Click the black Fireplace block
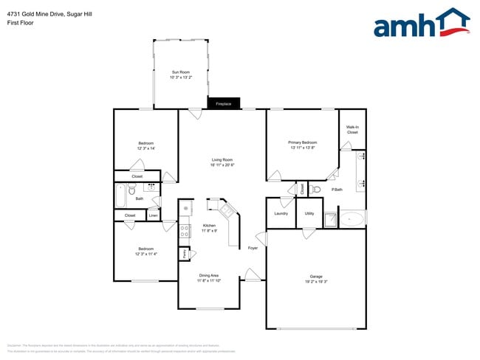223,104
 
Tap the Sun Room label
181,72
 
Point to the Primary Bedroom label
303,142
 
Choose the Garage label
316,277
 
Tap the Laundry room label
281,213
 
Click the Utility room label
309,213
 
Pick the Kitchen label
209,226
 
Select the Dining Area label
209,276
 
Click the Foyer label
253,248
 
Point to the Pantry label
184,254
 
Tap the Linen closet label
153,215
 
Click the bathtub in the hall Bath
121,197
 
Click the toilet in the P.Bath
317,190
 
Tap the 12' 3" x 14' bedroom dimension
145,148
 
